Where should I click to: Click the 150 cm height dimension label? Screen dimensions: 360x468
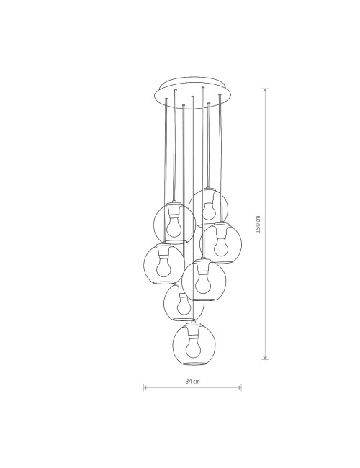pyautogui.click(x=258, y=224)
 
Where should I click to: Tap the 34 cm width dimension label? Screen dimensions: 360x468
pyautogui.click(x=192, y=382)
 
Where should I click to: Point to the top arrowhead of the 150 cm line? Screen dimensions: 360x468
pyautogui.click(x=265, y=90)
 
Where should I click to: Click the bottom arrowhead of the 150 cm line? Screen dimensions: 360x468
pyautogui.click(x=265, y=358)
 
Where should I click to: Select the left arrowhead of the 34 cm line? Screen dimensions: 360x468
pyautogui.click(x=145, y=387)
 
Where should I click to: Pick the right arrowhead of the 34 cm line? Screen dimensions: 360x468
pyautogui.click(x=240, y=387)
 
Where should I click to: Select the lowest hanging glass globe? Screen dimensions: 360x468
pyautogui.click(x=194, y=343)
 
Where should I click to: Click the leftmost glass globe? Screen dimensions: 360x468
pyautogui.click(x=164, y=264)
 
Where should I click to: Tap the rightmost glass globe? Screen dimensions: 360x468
pyautogui.click(x=220, y=243)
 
